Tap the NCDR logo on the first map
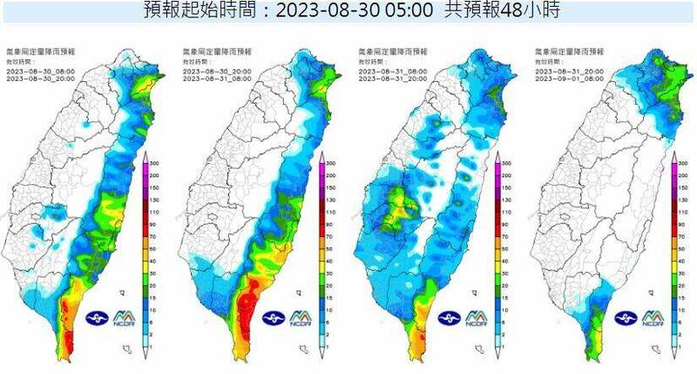[124, 320]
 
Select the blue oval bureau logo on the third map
[450, 320]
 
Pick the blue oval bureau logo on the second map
[274, 320]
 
